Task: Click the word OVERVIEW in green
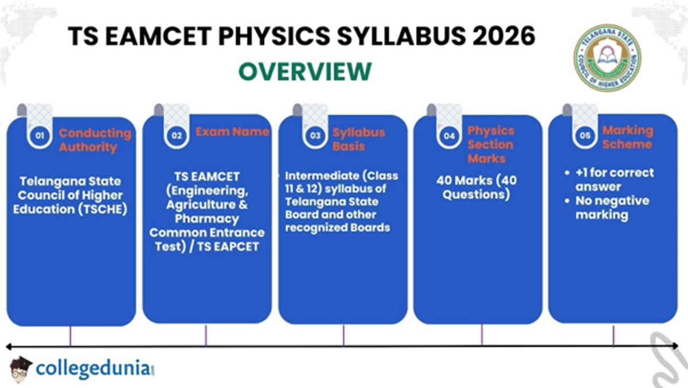click(304, 72)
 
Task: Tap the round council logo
click(607, 57)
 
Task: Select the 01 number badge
click(40, 136)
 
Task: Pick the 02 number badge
click(177, 135)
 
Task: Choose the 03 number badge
click(315, 136)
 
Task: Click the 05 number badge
click(585, 136)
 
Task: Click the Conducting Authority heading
click(95, 140)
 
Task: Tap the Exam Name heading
click(232, 132)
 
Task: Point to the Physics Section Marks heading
click(491, 145)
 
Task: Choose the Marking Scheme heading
click(627, 137)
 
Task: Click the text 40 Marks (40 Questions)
click(476, 187)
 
